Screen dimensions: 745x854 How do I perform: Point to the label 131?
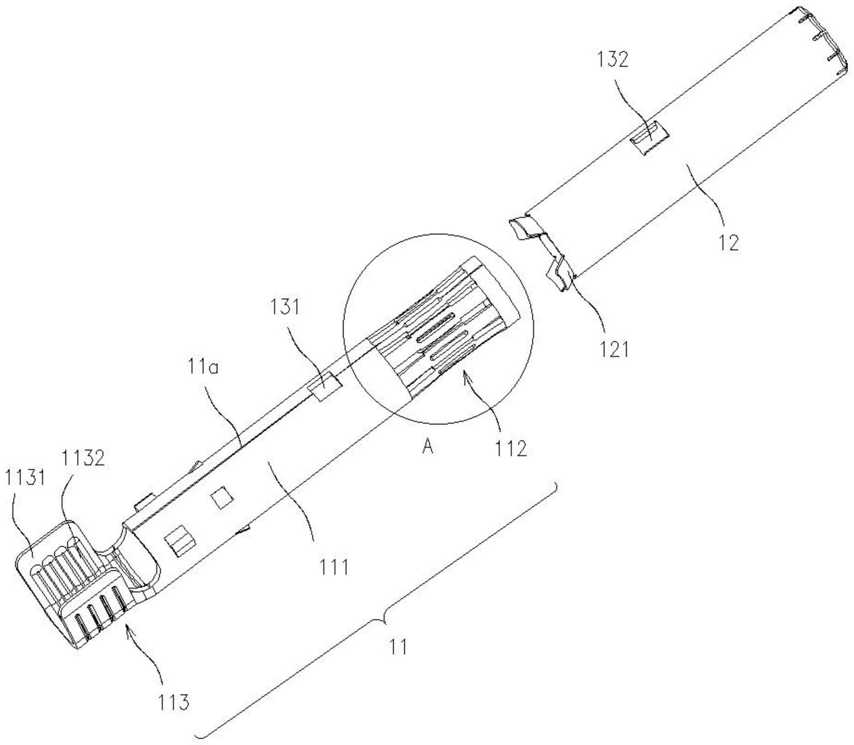click(x=285, y=307)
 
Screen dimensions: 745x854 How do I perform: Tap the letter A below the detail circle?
click(x=427, y=447)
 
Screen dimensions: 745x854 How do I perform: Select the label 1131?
click(x=25, y=478)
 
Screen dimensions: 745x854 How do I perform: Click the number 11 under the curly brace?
click(x=398, y=647)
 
